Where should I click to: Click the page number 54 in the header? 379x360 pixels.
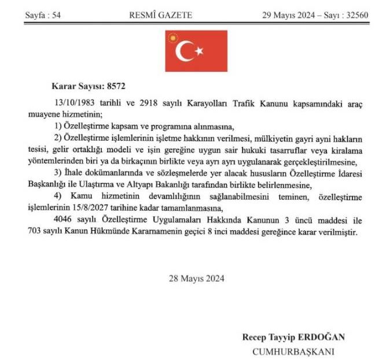tap(56, 14)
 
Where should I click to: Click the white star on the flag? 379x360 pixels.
tap(198, 52)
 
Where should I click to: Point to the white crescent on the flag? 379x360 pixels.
tap(185, 52)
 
